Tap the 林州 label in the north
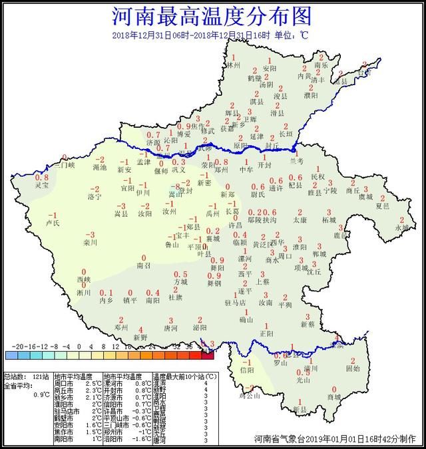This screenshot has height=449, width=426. click(233, 67)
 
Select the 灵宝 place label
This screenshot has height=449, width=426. click(42, 186)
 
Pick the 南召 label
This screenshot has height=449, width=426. click(143, 265)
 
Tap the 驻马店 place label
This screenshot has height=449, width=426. click(236, 303)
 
